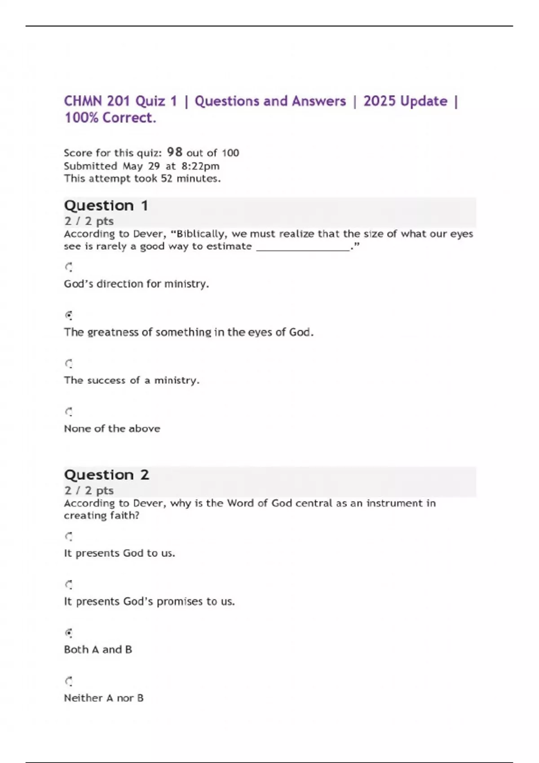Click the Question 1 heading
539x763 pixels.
(106, 206)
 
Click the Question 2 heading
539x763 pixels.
(106, 475)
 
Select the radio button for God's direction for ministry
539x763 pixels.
(69, 267)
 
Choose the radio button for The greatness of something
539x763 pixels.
(69, 316)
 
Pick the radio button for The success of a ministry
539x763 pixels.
(69, 364)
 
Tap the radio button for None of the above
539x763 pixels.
(69, 412)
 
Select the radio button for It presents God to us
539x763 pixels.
(69, 536)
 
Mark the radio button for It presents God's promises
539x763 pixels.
(69, 584)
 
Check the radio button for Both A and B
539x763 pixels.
(69, 633)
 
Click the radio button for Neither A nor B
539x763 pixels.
(69, 681)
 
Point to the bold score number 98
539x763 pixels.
(174, 152)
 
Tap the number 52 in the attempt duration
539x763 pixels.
(167, 179)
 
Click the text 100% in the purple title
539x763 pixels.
(81, 118)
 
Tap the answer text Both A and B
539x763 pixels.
(98, 649)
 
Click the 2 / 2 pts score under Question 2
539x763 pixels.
(89, 490)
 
